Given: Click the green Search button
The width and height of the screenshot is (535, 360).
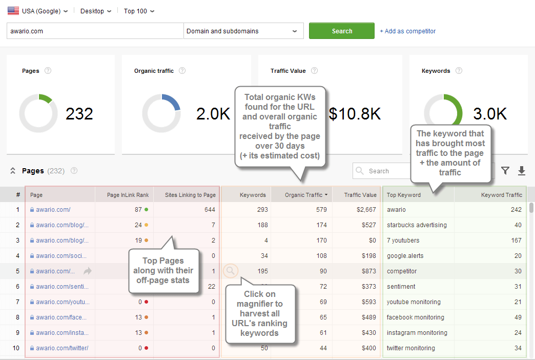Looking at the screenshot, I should (x=341, y=31).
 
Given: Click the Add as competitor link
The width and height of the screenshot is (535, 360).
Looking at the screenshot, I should (x=407, y=31).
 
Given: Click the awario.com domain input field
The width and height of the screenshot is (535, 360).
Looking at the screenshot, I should (x=95, y=31).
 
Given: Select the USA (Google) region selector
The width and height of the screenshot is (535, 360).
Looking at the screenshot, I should (x=38, y=11).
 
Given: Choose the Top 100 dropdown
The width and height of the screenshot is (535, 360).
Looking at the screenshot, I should (x=139, y=11).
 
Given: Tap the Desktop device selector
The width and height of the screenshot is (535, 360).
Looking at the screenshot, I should (x=95, y=11).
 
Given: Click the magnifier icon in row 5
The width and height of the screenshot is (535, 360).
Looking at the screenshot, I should (x=231, y=271).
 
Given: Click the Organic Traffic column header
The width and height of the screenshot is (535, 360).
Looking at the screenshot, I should (x=304, y=195).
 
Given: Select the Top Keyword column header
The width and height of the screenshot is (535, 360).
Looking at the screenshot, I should (x=404, y=195).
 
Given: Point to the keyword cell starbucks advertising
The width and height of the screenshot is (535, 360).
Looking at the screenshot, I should (x=417, y=225).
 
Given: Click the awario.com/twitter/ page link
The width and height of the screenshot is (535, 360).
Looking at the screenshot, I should (x=62, y=348).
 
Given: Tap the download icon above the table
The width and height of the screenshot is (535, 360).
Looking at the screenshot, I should (x=522, y=171).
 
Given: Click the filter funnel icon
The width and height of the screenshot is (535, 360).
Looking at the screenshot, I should (x=505, y=171).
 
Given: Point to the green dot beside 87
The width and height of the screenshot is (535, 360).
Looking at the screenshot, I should (x=146, y=210).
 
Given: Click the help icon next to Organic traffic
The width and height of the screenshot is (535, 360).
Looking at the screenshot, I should (x=182, y=71).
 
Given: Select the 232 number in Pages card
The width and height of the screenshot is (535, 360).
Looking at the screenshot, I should (x=79, y=113).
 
